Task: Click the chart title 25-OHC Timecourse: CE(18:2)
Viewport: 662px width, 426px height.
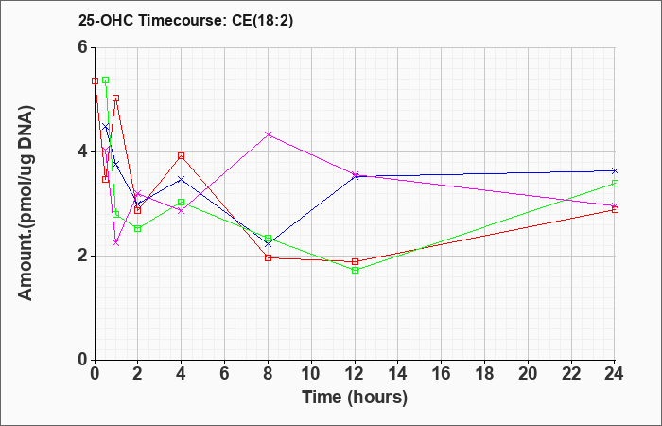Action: (x=185, y=21)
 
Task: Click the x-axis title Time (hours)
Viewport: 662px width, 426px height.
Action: (x=355, y=398)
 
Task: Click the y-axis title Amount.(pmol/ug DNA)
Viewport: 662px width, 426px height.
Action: (x=26, y=203)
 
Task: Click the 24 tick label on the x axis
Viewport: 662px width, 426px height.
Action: (x=615, y=374)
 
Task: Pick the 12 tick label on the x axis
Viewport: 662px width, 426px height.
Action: (x=355, y=374)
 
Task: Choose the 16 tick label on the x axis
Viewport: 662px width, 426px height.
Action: (x=442, y=374)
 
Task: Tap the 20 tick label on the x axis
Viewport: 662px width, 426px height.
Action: (x=528, y=374)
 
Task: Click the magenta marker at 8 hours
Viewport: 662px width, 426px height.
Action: (x=268, y=134)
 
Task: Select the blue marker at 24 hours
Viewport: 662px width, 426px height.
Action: (x=615, y=170)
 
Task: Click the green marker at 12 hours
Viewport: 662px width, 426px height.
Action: (x=355, y=270)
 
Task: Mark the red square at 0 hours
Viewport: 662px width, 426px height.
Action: (x=95, y=80)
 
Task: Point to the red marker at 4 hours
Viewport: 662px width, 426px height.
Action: (x=182, y=156)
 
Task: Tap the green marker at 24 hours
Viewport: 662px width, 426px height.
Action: (x=615, y=183)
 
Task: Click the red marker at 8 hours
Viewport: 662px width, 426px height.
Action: (x=268, y=257)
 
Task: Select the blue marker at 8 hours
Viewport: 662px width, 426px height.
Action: (x=268, y=244)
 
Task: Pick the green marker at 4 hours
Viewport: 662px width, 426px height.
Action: (x=182, y=202)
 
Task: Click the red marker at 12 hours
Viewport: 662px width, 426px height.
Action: (x=355, y=261)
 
